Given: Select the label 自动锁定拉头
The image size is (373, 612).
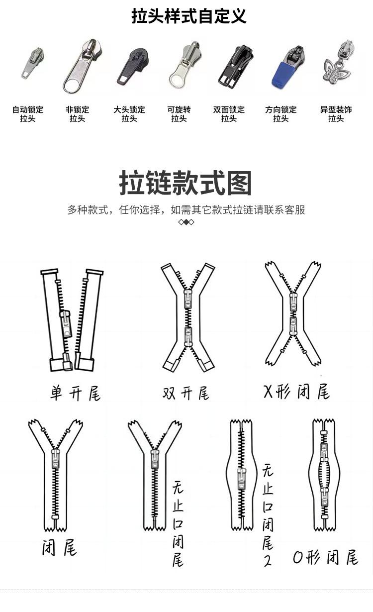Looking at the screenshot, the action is (x=28, y=114).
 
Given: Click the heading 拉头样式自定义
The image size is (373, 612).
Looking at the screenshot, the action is (x=188, y=16).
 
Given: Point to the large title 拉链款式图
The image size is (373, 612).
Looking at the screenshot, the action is (x=186, y=183).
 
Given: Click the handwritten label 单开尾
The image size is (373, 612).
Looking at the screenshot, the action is (x=76, y=394).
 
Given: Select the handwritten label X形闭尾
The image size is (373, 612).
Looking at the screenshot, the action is (x=296, y=392).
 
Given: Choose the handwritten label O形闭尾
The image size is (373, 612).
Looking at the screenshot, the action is (x=325, y=558).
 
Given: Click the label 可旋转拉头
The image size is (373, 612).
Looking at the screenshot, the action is (x=179, y=114).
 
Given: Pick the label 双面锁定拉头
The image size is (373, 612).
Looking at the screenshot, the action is (x=229, y=114).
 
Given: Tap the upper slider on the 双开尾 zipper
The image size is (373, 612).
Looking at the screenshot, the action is (x=188, y=299).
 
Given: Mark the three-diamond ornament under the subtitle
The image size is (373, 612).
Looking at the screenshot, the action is (x=186, y=222).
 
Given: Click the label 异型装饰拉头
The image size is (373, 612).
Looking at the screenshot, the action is (x=336, y=114).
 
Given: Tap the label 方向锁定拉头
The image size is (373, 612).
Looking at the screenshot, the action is (x=280, y=114).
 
